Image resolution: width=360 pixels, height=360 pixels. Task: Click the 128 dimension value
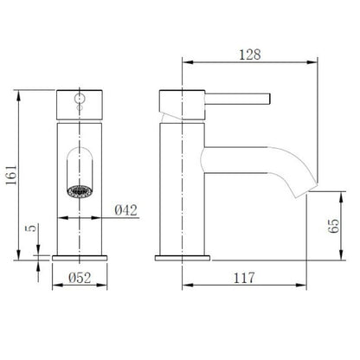pos(252,53)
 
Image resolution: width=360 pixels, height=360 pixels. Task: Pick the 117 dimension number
pos(245,280)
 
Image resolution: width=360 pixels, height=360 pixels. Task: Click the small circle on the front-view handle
pos(80,100)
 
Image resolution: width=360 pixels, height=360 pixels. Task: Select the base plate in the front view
pos(80,257)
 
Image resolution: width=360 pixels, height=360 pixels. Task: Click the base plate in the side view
pos(183,257)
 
